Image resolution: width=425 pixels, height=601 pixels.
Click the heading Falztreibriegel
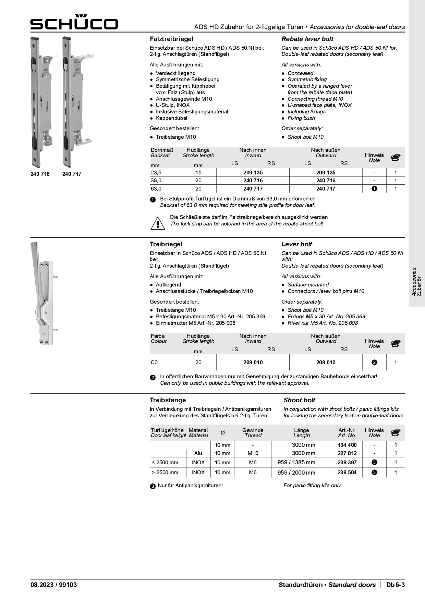[x=171, y=39]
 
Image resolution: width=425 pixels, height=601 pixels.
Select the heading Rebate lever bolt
[x=307, y=39]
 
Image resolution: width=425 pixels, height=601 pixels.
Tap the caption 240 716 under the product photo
[x=40, y=174]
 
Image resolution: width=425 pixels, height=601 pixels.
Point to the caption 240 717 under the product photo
[x=72, y=174]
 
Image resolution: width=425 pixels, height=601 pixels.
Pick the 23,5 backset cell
[x=156, y=173]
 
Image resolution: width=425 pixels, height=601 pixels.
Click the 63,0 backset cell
[x=156, y=189]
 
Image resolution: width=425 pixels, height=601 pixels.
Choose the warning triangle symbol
[x=157, y=223]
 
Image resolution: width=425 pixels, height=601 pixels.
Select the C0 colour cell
[x=154, y=363]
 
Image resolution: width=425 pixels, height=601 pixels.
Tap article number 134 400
[x=347, y=445]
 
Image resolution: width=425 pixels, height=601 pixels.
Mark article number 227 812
[x=347, y=453]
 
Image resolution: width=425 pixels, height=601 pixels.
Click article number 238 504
[x=347, y=473]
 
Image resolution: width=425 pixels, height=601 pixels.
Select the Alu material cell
[x=198, y=453]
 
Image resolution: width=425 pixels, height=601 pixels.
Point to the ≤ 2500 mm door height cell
[x=165, y=463]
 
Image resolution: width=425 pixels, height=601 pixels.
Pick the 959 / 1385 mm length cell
[x=296, y=463]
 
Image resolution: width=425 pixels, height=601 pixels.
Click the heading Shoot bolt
[x=299, y=400]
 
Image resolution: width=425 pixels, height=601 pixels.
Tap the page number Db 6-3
[x=395, y=585]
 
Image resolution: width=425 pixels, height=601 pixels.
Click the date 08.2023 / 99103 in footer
[x=53, y=585]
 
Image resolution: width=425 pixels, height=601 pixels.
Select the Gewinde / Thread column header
[x=253, y=433]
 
